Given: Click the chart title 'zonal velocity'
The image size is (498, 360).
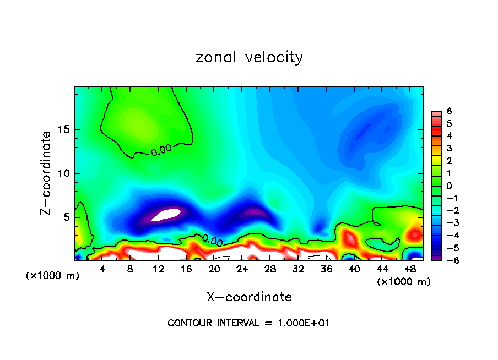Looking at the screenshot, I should [249, 57].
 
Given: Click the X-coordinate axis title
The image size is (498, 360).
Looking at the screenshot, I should [249, 297].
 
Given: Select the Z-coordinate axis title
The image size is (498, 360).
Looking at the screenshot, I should [47, 173].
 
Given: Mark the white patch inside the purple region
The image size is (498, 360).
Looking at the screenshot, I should [166, 214].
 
